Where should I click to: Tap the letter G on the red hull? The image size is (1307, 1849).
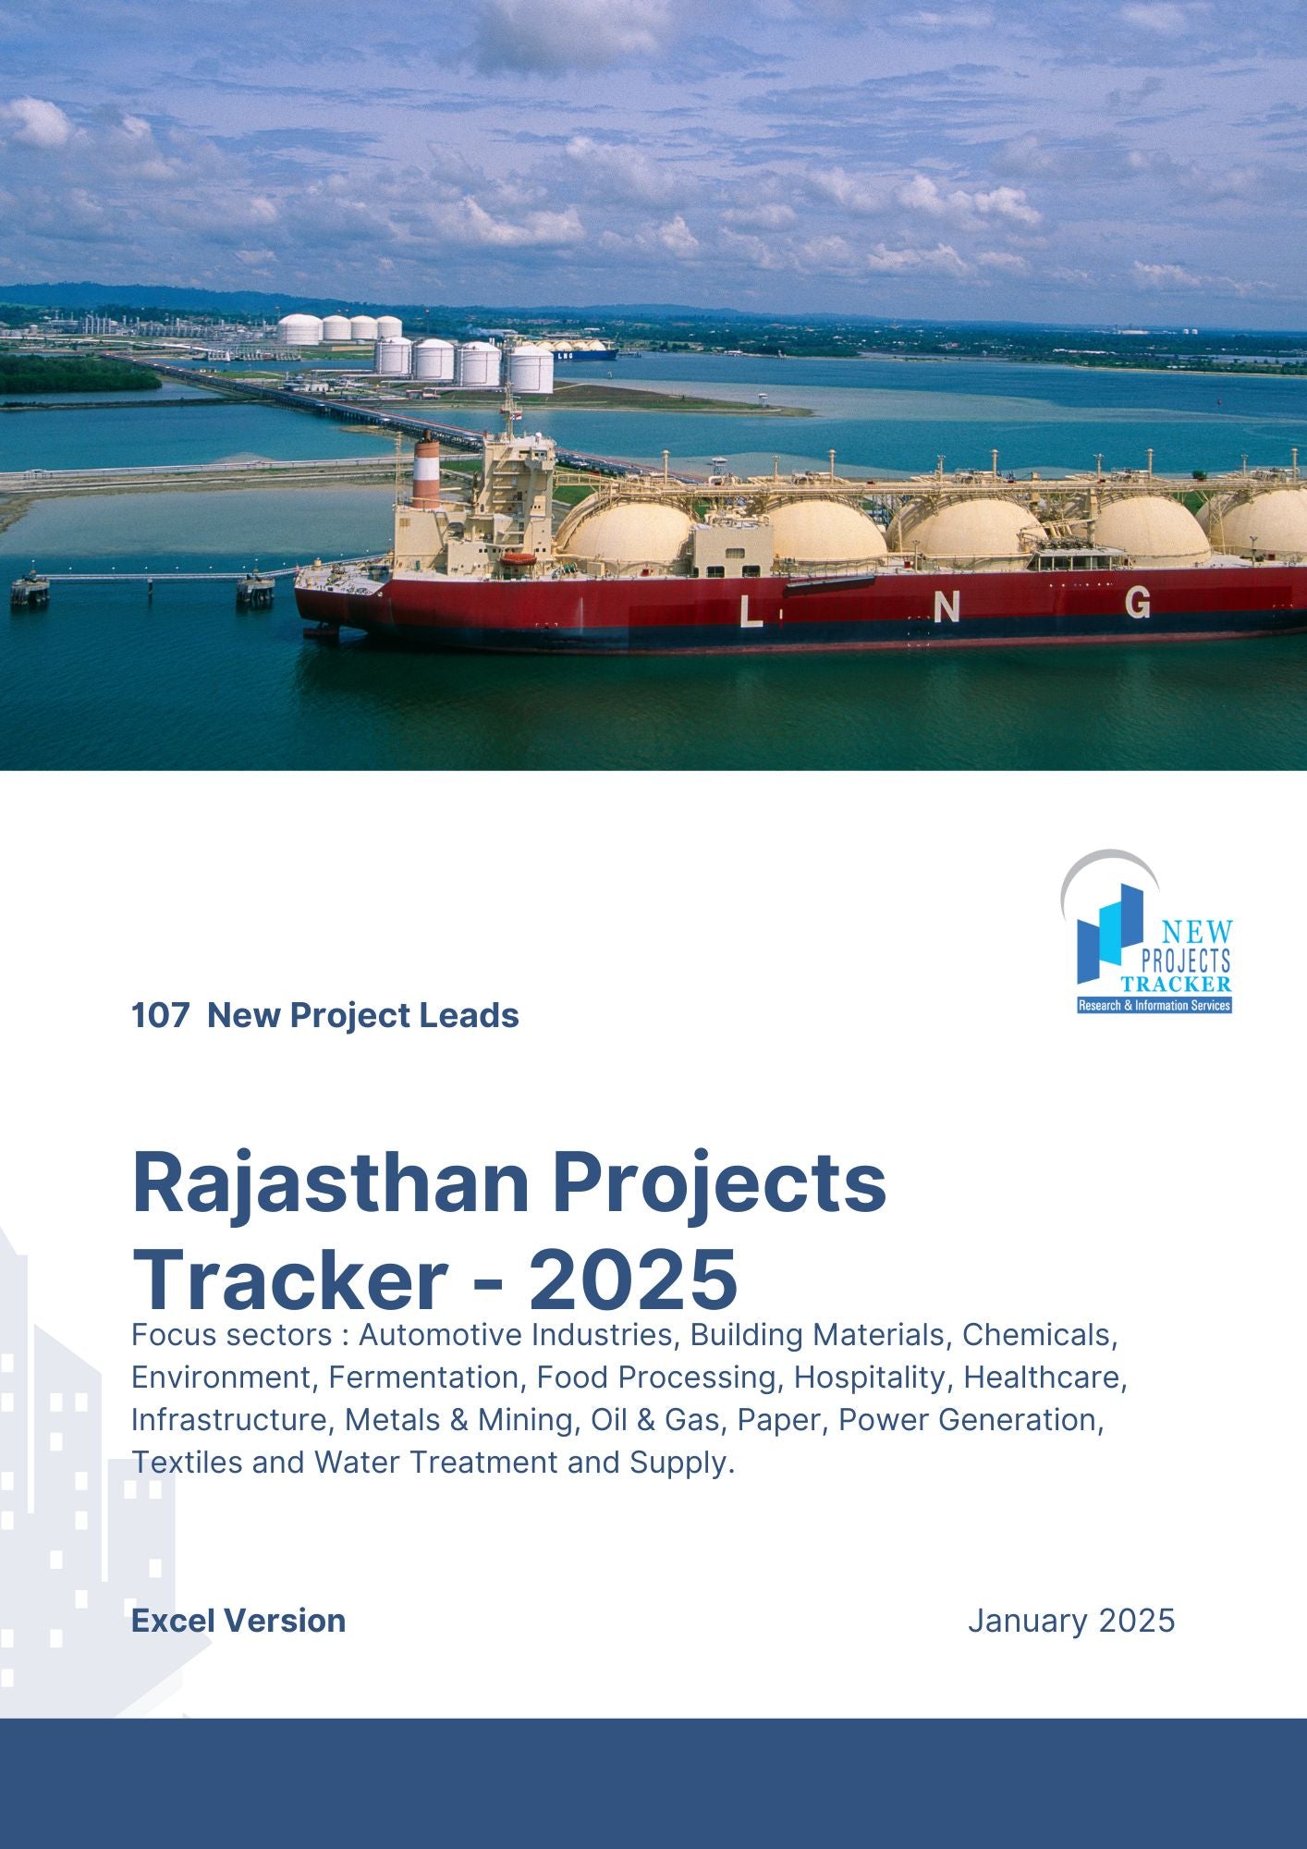pyautogui.click(x=1138, y=602)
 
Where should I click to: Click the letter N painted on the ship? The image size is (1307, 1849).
pyautogui.click(x=947, y=607)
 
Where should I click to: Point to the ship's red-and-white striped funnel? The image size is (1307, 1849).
pyautogui.click(x=426, y=472)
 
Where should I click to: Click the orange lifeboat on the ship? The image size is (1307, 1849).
pyautogui.click(x=518, y=558)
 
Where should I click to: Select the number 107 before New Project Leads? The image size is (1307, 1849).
pyautogui.click(x=161, y=1015)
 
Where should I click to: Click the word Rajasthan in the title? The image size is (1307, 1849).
pyautogui.click(x=331, y=1184)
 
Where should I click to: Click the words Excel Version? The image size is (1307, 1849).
pyautogui.click(x=238, y=1621)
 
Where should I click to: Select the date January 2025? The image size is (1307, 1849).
pyautogui.click(x=1071, y=1621)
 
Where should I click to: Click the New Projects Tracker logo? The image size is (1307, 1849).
pyautogui.click(x=1146, y=932)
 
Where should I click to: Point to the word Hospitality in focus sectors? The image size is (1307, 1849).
pyautogui.click(x=870, y=1378)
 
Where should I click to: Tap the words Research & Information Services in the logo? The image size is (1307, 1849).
pyautogui.click(x=1154, y=1005)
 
